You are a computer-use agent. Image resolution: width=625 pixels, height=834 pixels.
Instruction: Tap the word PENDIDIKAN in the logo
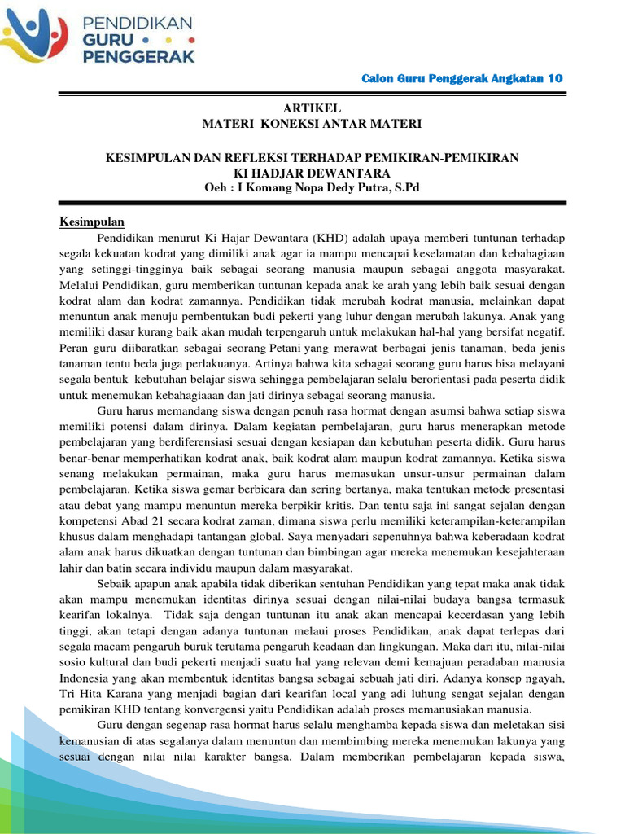(136, 21)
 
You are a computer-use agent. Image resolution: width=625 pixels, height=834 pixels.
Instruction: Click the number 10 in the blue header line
(555, 78)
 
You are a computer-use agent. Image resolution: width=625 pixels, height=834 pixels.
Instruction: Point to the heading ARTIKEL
(312, 108)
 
